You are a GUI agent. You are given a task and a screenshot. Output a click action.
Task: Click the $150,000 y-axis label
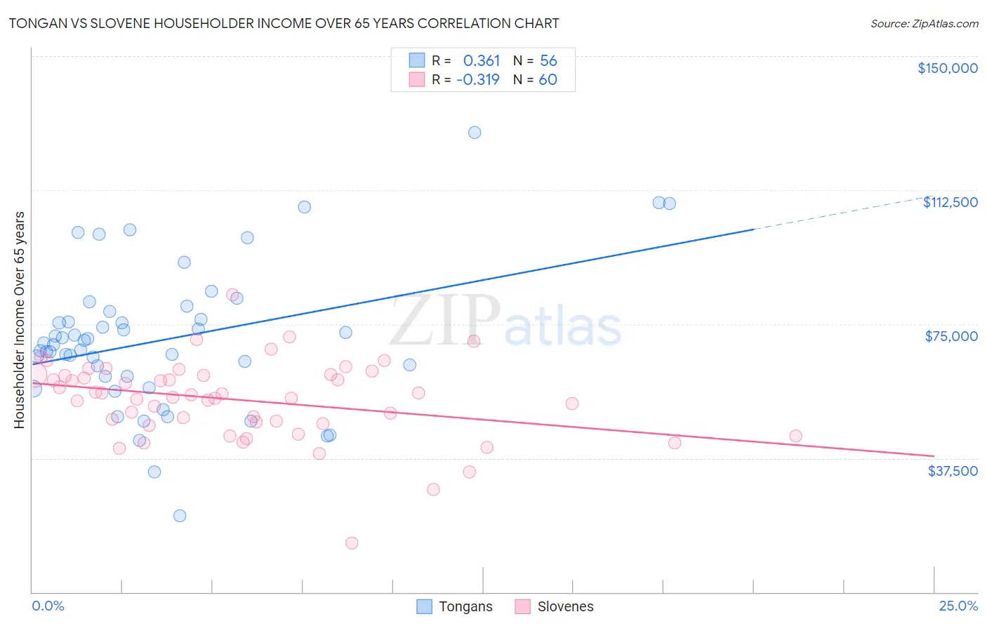[x=947, y=68]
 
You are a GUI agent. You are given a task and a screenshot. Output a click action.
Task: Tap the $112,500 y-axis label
[x=950, y=202]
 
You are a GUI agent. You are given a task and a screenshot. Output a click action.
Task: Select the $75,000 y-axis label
[x=950, y=336]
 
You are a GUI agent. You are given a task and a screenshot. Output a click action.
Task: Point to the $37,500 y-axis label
[x=952, y=471]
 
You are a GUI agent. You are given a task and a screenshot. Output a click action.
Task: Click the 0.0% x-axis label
[x=48, y=606]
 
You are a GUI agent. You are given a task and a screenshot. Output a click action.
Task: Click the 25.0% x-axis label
[x=958, y=606]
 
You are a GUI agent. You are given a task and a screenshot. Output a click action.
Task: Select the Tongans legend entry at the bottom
[x=455, y=606]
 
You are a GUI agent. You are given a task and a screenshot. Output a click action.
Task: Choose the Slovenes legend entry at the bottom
[x=554, y=606]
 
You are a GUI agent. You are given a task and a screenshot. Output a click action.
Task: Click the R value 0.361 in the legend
[x=481, y=61]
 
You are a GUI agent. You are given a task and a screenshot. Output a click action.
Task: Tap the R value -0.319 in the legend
[x=477, y=79]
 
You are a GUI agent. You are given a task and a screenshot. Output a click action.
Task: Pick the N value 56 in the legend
[x=548, y=61]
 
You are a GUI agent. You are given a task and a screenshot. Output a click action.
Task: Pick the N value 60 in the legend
[x=548, y=79]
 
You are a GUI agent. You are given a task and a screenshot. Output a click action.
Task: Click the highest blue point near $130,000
[x=475, y=133]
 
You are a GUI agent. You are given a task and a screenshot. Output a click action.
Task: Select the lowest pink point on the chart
[x=352, y=543]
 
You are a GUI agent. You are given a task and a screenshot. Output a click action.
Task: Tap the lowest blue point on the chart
[x=180, y=516]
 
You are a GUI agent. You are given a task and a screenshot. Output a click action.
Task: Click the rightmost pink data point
[x=795, y=436]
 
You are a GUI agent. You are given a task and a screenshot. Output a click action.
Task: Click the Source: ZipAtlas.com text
[x=924, y=24]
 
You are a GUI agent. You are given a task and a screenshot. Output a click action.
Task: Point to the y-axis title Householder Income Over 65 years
[x=20, y=319]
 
